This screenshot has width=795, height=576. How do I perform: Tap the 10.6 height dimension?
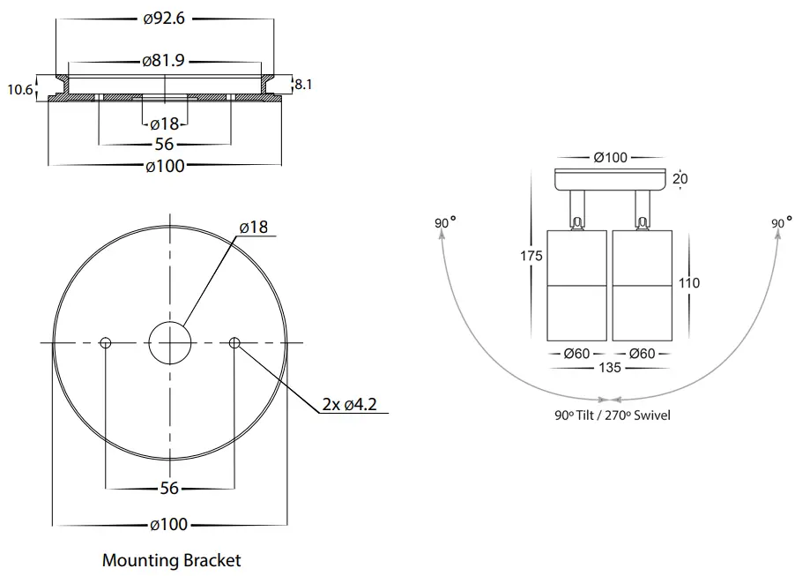(19, 89)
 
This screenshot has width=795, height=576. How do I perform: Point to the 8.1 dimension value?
(302, 86)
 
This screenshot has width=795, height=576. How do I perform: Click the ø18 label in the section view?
(164, 123)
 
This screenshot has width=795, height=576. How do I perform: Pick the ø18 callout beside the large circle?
(253, 227)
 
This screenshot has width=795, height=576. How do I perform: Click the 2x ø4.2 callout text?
(350, 405)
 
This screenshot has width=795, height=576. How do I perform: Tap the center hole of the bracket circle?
(170, 342)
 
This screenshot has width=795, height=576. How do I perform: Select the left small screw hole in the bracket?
(106, 342)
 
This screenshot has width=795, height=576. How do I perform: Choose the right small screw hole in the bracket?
(234, 342)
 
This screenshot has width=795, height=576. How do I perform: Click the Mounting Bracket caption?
(171, 559)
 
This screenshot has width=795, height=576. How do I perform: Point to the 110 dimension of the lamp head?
(689, 283)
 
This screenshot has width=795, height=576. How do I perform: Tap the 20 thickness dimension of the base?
(680, 179)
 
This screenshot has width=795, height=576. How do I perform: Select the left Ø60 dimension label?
(577, 354)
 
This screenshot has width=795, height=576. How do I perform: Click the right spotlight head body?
(642, 284)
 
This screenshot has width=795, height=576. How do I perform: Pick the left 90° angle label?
(445, 223)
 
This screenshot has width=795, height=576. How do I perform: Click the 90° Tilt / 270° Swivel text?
(606, 415)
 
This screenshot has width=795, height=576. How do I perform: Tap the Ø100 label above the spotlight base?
(610, 158)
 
